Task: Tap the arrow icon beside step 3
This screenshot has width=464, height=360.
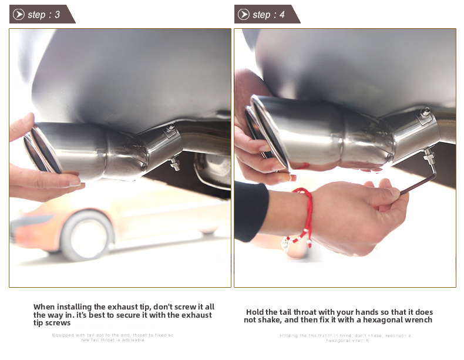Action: coord(19,15)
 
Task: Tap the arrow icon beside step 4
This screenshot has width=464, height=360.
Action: coord(244,15)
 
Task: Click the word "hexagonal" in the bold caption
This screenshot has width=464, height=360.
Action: coord(384,320)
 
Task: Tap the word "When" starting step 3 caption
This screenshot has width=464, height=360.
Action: coord(45,307)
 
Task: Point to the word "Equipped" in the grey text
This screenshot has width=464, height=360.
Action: coord(63,335)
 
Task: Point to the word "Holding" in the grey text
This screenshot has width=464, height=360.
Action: coord(289,335)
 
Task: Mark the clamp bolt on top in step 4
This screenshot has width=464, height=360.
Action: coord(424,111)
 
